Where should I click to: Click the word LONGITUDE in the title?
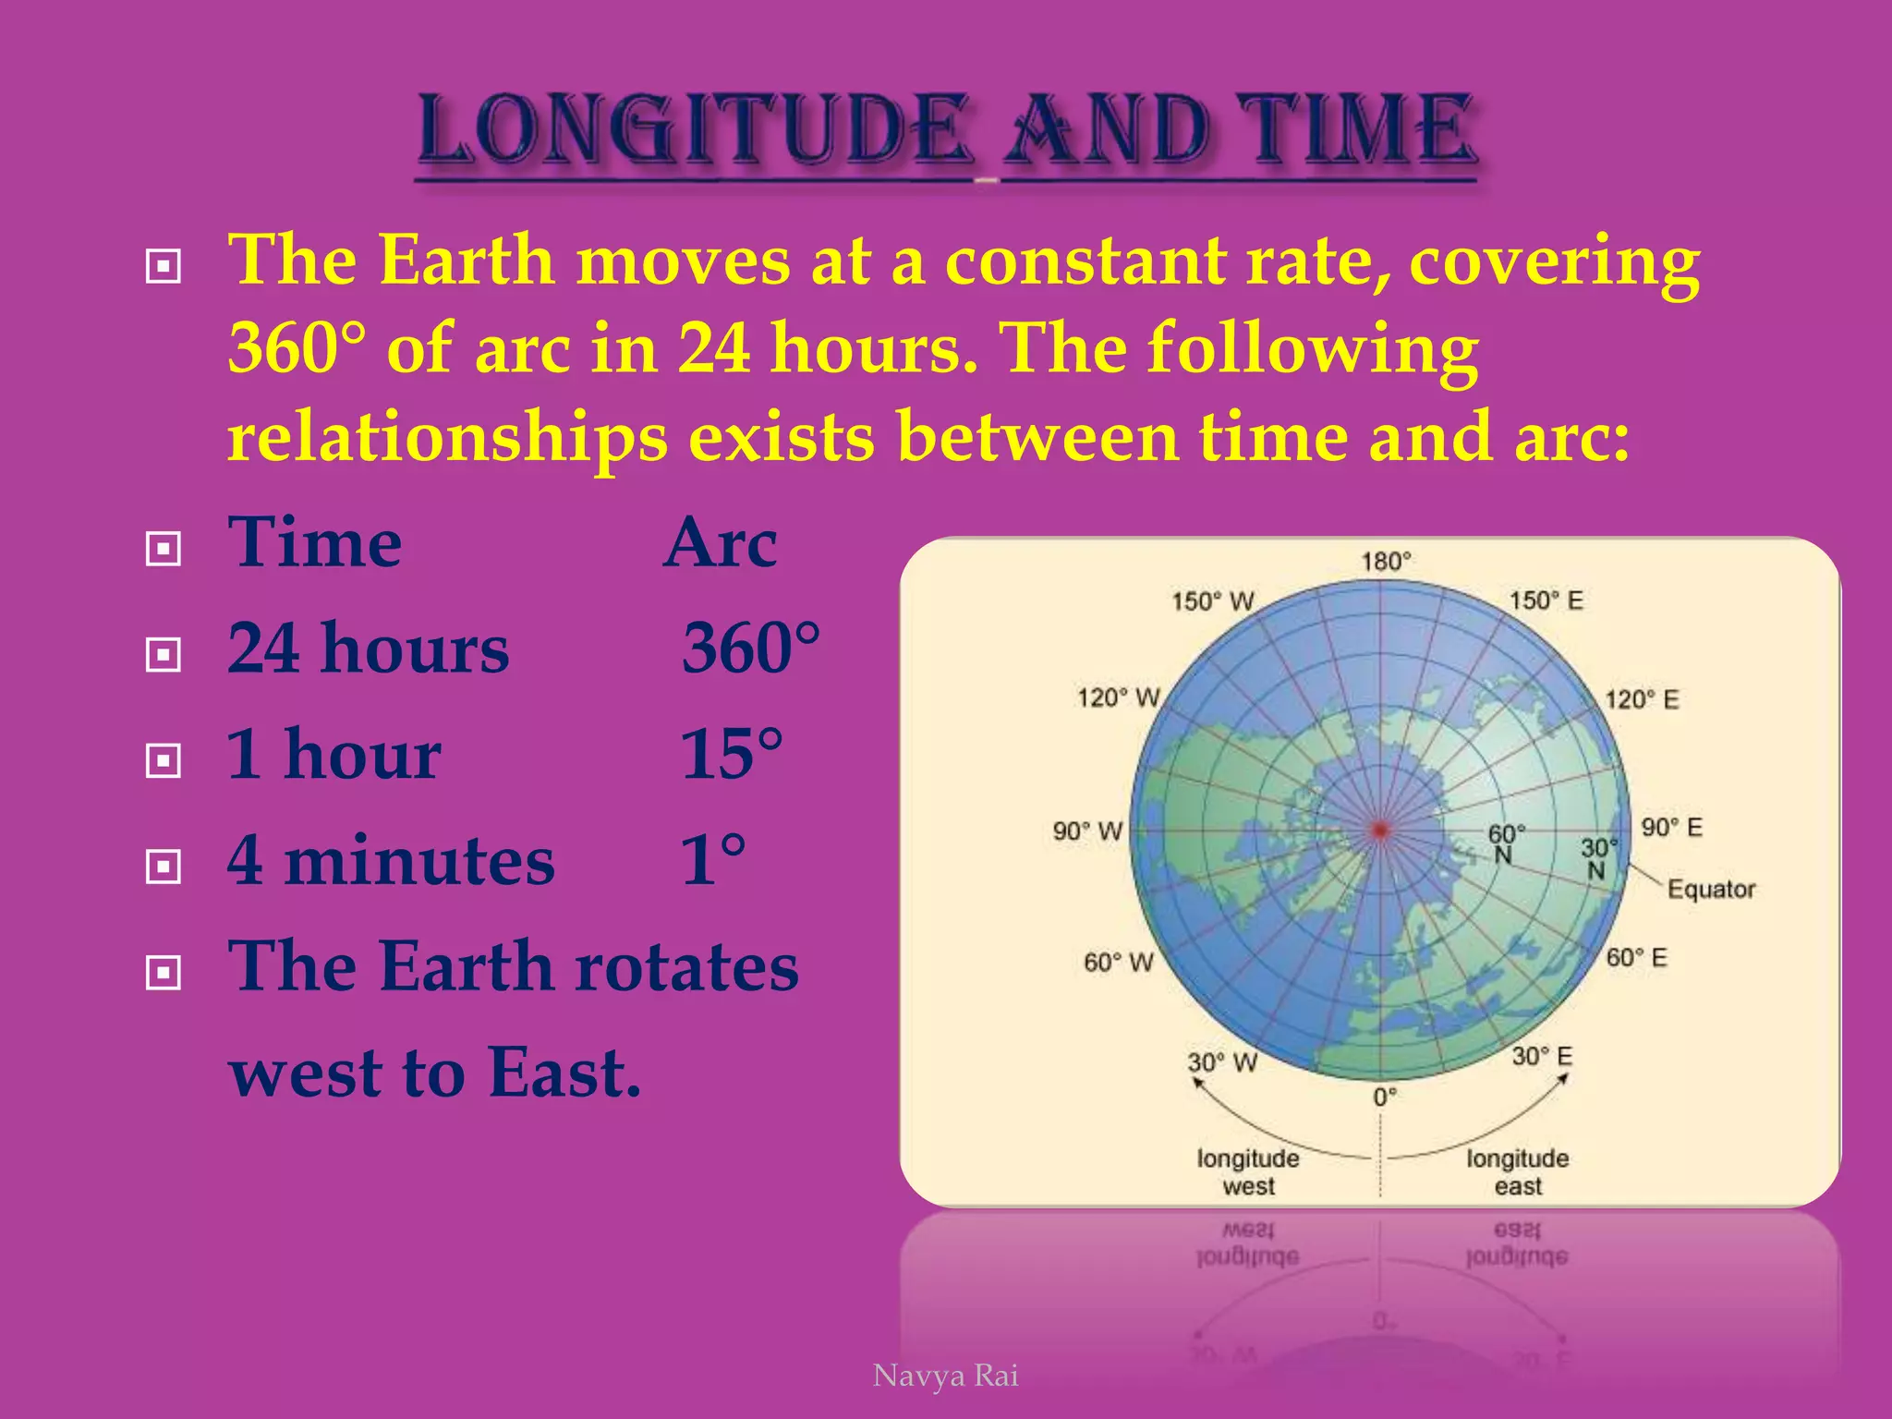pyautogui.click(x=695, y=131)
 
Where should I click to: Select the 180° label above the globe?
pyautogui.click(x=1386, y=562)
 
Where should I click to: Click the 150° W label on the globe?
pyautogui.click(x=1212, y=601)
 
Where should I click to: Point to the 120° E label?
pyautogui.click(x=1642, y=699)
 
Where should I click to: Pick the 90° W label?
pyautogui.click(x=1087, y=831)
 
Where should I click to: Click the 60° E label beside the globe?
pyautogui.click(x=1636, y=958)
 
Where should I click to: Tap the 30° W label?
pyautogui.click(x=1222, y=1062)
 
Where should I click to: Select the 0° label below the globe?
pyautogui.click(x=1384, y=1098)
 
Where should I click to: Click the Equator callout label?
pyautogui.click(x=1711, y=890)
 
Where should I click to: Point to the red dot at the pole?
pyautogui.click(x=1380, y=831)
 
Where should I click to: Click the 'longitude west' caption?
pyautogui.click(x=1248, y=1172)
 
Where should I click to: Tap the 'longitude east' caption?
pyautogui.click(x=1517, y=1172)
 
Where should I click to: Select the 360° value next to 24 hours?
pyautogui.click(x=750, y=649)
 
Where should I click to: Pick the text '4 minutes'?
pyautogui.click(x=391, y=860)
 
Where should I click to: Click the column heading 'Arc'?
pyautogui.click(x=721, y=543)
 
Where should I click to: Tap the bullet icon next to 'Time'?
pyautogui.click(x=164, y=550)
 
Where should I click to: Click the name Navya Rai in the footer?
pyautogui.click(x=945, y=1376)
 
